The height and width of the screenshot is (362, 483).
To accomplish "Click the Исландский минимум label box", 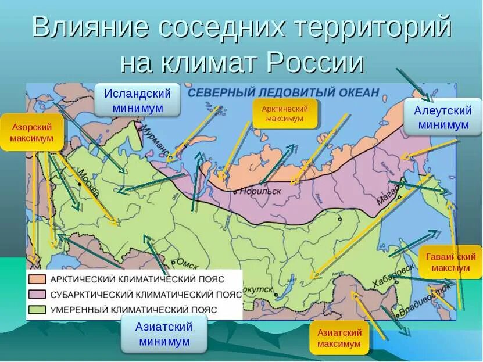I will click(138, 101).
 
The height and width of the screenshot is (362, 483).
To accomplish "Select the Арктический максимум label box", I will click(285, 113).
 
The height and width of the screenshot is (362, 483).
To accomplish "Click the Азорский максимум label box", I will click(31, 132).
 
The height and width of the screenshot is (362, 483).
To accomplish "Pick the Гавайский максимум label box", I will click(450, 262).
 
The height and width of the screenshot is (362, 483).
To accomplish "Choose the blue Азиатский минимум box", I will click(164, 334).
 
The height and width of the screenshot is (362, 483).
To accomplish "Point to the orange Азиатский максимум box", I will click(339, 338).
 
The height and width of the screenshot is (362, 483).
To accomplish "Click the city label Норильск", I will click(258, 191).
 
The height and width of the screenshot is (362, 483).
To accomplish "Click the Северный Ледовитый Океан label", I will click(284, 92).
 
